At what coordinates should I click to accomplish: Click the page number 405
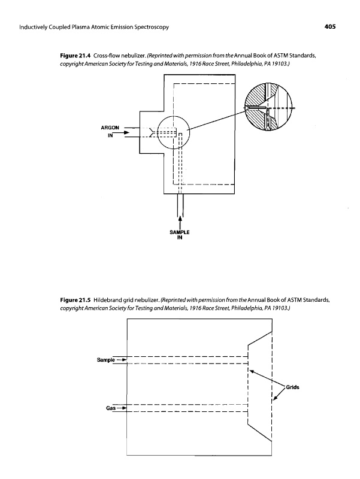pyautogui.click(x=326, y=28)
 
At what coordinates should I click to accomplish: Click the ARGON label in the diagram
pyautogui.click(x=113, y=128)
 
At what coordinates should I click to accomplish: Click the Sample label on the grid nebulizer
pyautogui.click(x=105, y=360)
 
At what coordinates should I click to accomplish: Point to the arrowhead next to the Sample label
pyautogui.click(x=122, y=360)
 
